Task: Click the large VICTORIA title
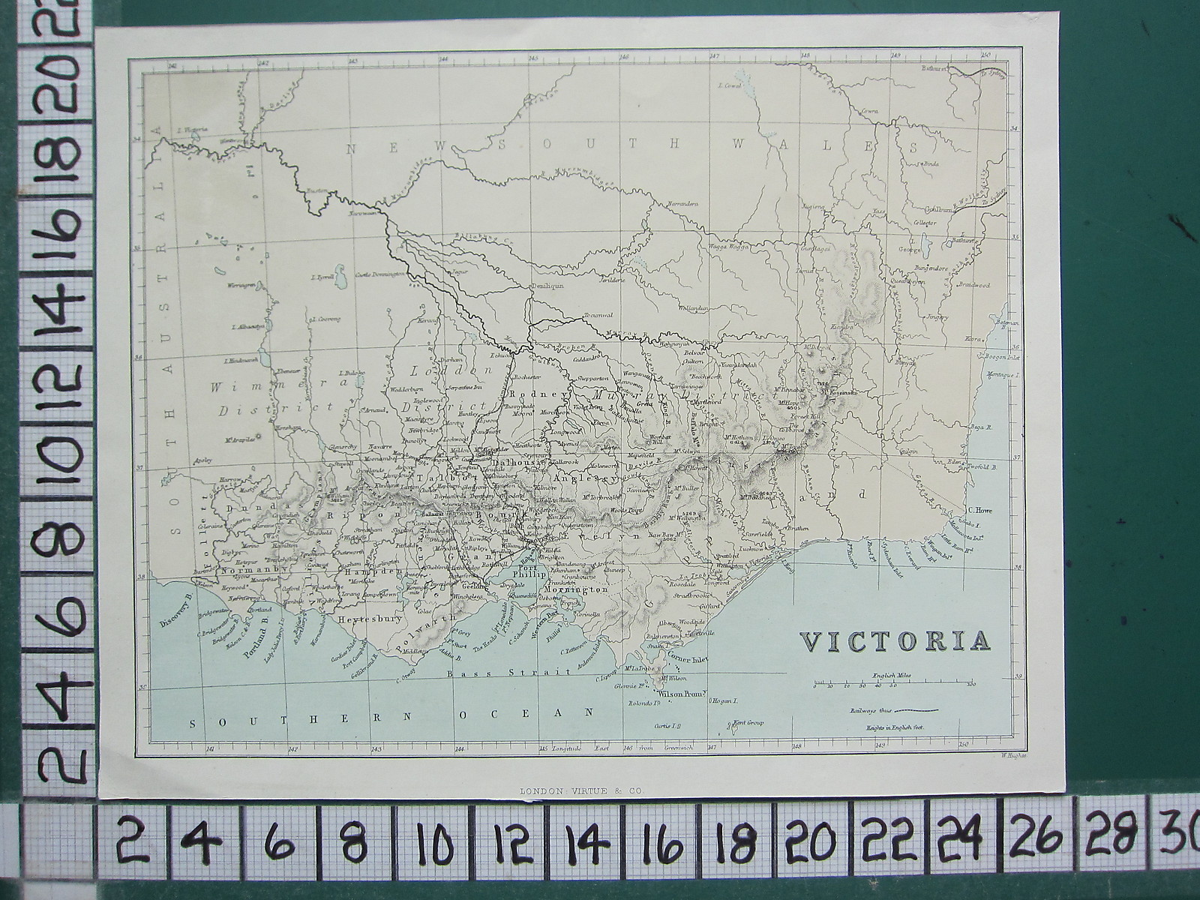[895, 642]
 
